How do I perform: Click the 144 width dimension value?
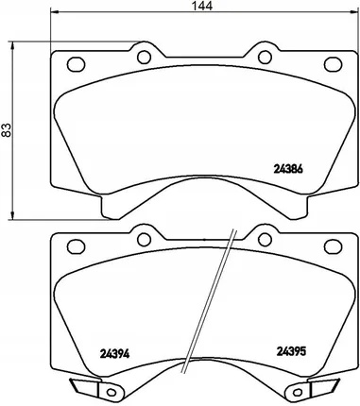click(202, 6)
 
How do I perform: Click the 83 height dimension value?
click(7, 129)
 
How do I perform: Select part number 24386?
click(288, 169)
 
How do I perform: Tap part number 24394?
click(114, 354)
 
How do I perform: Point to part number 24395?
click(291, 351)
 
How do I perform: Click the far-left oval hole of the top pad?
click(76, 64)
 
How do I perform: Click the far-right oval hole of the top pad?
click(333, 64)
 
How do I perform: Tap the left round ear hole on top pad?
click(144, 57)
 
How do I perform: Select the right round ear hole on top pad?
click(265, 57)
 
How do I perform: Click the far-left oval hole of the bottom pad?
click(76, 246)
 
